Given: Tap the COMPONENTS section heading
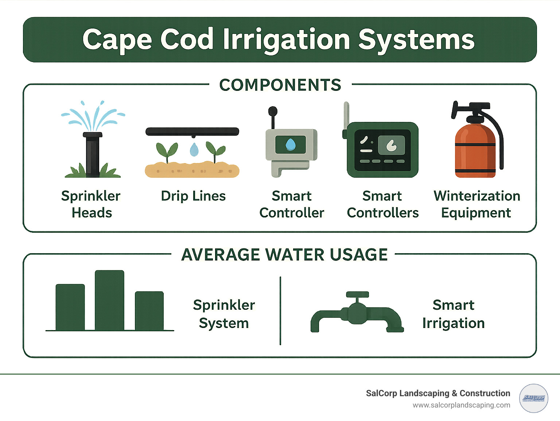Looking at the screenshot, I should coord(280,85).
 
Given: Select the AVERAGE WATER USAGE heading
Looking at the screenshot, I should coord(284,255).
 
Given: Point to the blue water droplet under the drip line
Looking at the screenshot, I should coord(194,150).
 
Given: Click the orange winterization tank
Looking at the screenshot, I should coord(475,150).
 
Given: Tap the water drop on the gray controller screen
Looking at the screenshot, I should coord(291,144).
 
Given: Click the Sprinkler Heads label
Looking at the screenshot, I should coord(91,204).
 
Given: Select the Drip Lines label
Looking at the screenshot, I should coord(193,196).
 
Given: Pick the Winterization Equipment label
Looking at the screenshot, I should coord(477,204).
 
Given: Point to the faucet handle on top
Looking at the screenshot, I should coord(357,295).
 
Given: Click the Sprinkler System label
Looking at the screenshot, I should coord(224,314).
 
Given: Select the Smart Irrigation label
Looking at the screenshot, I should coord(454,314).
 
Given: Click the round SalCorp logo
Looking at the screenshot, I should coord(533,398).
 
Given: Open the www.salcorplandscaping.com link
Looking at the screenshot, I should coord(461,405).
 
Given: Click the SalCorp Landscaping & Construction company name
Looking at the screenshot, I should coord(438,393).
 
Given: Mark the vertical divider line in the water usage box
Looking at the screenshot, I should coord(280,310).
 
